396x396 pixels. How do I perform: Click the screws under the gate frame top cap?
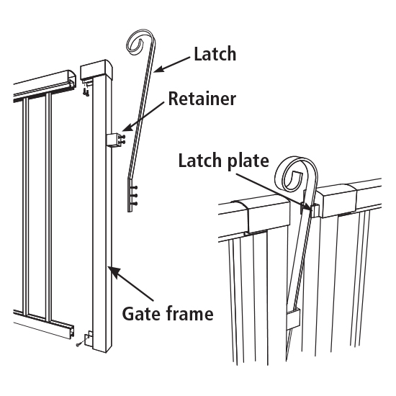[x=86, y=90]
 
